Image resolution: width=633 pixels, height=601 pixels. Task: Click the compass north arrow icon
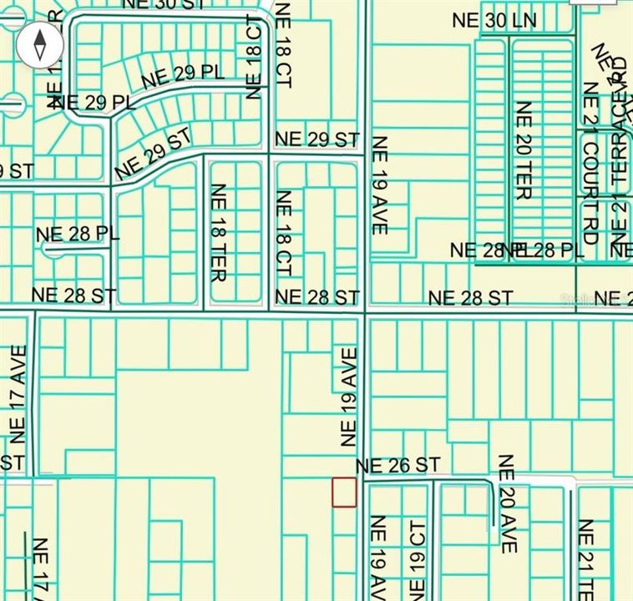pyautogui.click(x=40, y=43)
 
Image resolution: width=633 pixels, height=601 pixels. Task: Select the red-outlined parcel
pyautogui.click(x=344, y=492)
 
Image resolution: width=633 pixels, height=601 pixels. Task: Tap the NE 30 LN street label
pyautogui.click(x=494, y=22)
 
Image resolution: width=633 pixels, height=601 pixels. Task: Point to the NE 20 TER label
pyautogui.click(x=524, y=150)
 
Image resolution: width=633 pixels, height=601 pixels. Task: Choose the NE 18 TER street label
pyautogui.click(x=218, y=231)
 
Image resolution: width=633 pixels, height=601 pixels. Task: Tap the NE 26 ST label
pyautogui.click(x=398, y=466)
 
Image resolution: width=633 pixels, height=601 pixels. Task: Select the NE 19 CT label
pyautogui.click(x=418, y=554)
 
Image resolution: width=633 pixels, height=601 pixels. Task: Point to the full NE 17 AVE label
pyautogui.click(x=18, y=394)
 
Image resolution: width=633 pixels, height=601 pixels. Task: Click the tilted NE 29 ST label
pyautogui.click(x=154, y=152)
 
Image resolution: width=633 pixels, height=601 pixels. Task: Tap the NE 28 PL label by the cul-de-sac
pyautogui.click(x=78, y=234)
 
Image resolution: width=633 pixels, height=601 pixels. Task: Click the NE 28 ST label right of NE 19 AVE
pyautogui.click(x=470, y=297)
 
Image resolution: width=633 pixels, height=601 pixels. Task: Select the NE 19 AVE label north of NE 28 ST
pyautogui.click(x=380, y=184)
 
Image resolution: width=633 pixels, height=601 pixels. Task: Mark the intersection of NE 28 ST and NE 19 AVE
pyautogui.click(x=365, y=314)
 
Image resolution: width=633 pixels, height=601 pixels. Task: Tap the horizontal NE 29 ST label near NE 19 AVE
pyautogui.click(x=316, y=139)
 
